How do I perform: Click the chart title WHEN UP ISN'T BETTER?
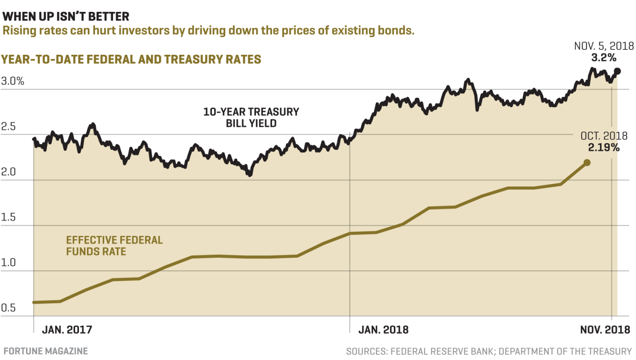(66, 17)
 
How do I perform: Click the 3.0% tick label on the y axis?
(13, 82)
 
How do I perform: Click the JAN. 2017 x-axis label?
(67, 330)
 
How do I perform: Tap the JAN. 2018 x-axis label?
(383, 330)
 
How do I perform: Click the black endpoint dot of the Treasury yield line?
(617, 71)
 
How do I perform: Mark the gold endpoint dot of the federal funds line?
(587, 163)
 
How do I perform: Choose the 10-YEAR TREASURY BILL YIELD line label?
(251, 117)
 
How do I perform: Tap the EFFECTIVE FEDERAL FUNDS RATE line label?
(114, 246)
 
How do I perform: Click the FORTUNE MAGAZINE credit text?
(45, 351)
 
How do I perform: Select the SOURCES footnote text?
(489, 352)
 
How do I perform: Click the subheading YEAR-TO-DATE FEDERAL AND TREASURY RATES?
(132, 59)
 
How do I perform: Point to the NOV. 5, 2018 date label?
(604, 46)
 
